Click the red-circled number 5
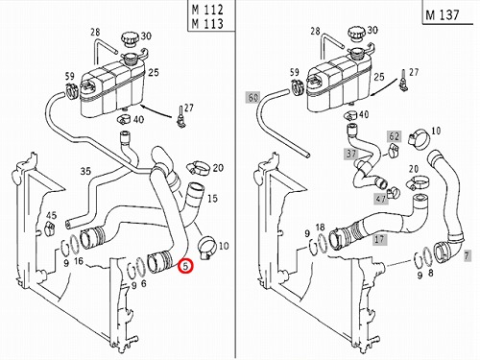(x=186, y=266)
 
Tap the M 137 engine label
(x=443, y=15)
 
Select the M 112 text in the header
(x=207, y=10)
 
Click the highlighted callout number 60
(x=252, y=97)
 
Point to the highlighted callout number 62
(x=394, y=136)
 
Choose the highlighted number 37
(x=351, y=154)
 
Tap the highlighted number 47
(x=380, y=199)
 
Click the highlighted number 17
(x=379, y=239)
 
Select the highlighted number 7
(x=467, y=255)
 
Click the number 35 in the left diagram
(x=85, y=171)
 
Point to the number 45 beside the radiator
(x=51, y=215)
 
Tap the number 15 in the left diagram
(x=212, y=199)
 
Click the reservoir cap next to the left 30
(x=131, y=39)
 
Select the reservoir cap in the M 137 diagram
(x=356, y=35)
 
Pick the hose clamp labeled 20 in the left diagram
(x=198, y=168)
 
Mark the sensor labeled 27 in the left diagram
(x=181, y=117)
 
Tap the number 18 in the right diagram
(x=320, y=228)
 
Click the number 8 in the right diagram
(x=431, y=274)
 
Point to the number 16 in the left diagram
(x=79, y=262)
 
